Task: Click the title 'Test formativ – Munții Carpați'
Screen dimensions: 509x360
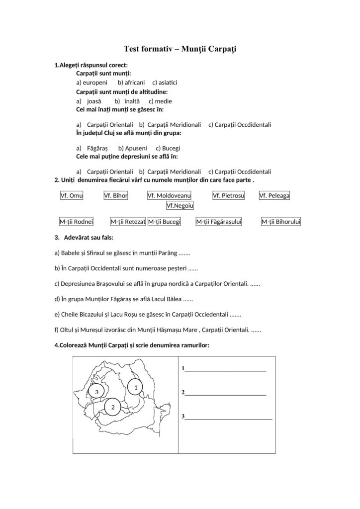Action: (x=180, y=49)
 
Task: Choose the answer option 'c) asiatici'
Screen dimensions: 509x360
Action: (x=165, y=83)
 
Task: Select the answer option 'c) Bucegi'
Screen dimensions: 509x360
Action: (x=168, y=148)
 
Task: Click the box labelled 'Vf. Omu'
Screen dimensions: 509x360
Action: (x=72, y=196)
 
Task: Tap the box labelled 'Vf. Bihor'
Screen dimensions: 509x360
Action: (x=116, y=196)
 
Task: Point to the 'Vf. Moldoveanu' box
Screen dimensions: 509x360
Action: (x=170, y=196)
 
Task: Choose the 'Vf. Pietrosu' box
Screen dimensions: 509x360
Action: (x=229, y=196)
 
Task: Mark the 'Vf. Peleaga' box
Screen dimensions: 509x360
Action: (x=274, y=196)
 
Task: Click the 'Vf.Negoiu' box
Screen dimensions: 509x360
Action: (x=180, y=205)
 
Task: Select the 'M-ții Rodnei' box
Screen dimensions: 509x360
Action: (x=76, y=222)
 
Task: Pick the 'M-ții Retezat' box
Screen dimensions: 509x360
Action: (x=128, y=222)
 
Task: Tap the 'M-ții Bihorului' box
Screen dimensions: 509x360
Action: (x=281, y=222)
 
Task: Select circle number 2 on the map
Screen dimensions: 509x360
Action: (x=113, y=407)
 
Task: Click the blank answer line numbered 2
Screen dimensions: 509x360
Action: (x=225, y=394)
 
